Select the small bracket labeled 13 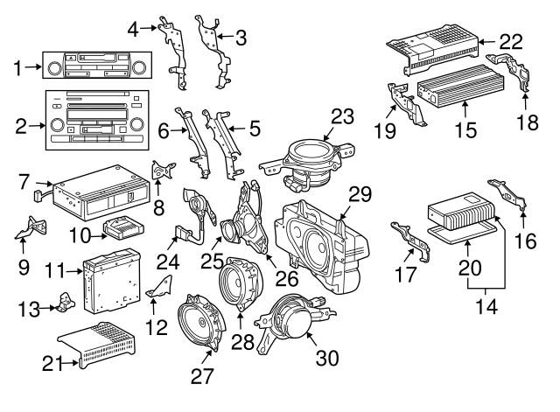coord(64,302)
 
